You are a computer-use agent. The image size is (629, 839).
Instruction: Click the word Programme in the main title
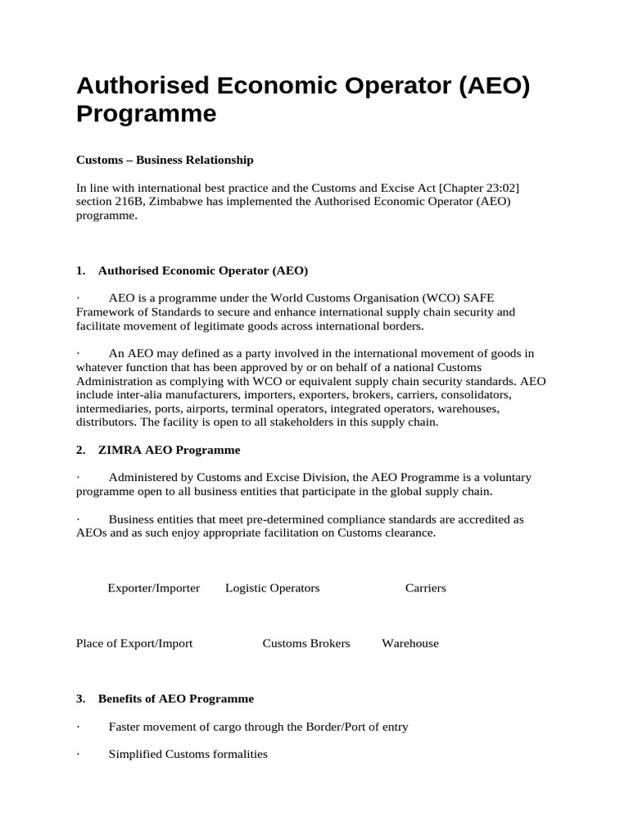(147, 113)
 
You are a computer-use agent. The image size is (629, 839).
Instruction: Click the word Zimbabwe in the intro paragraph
(174, 202)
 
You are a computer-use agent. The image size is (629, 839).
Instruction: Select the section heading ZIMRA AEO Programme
(169, 450)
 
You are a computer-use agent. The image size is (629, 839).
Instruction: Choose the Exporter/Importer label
(154, 588)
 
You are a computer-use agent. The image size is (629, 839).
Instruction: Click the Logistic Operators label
(272, 588)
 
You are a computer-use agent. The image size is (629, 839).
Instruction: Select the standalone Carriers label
(425, 588)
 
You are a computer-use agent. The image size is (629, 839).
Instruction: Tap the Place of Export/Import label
(134, 643)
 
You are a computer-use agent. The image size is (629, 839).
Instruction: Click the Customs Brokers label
(305, 643)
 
